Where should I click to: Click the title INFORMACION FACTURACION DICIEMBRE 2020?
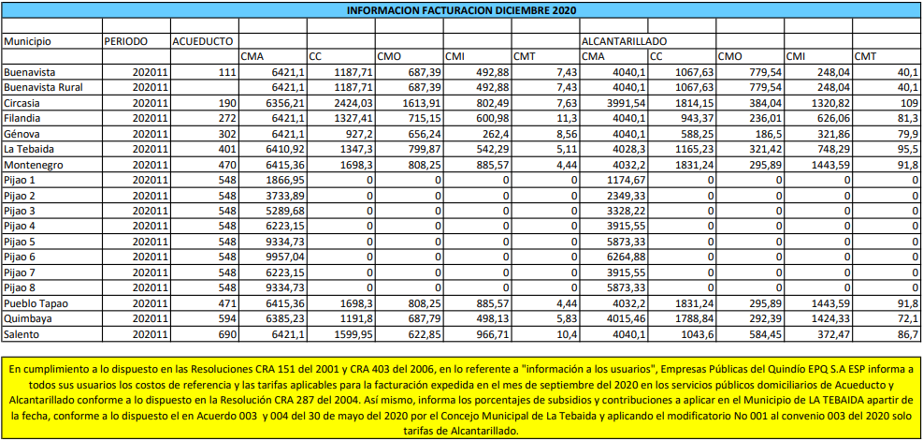pyautogui.click(x=460, y=10)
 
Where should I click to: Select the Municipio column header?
pyautogui.click(x=28, y=42)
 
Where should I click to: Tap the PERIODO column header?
pyautogui.click(x=126, y=42)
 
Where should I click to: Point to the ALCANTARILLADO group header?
pyautogui.click(x=624, y=42)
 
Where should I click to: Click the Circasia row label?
pyautogui.click(x=23, y=102)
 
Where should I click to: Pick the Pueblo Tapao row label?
pyautogui.click(x=35, y=303)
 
